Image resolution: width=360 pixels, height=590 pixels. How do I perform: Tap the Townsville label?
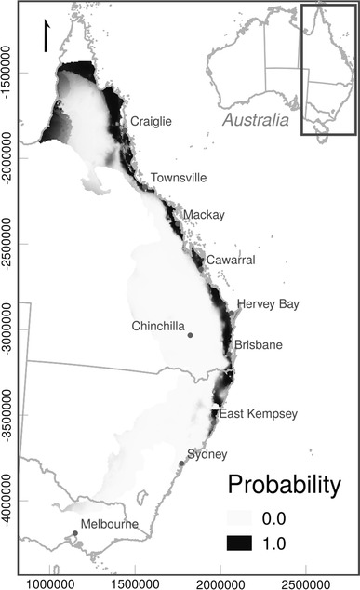point(180,178)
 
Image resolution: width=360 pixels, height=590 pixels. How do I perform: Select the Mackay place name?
point(204,215)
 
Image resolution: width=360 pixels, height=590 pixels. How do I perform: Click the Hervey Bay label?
point(268,304)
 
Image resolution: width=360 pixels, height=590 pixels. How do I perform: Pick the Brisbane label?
point(258,345)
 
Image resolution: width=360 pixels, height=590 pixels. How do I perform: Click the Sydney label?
point(207,454)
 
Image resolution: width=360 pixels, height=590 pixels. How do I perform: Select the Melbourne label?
point(109,524)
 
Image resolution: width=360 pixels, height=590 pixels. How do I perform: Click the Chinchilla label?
point(159,326)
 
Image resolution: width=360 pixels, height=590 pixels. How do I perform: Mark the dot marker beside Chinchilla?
point(190,335)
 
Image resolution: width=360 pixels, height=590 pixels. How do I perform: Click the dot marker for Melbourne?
point(75,533)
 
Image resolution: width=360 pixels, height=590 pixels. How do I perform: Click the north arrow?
point(45,36)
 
